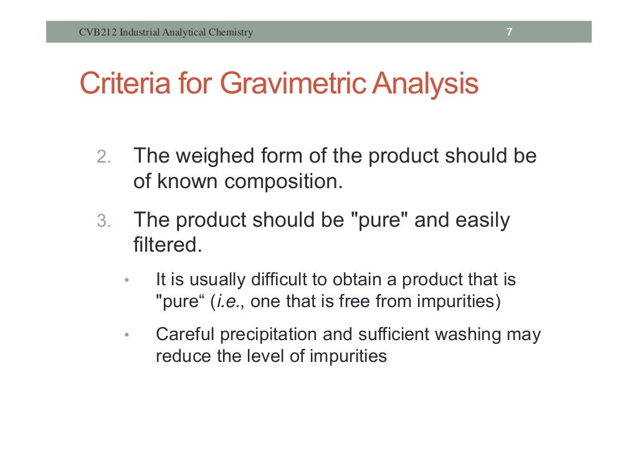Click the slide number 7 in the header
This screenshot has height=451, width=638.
[509, 32]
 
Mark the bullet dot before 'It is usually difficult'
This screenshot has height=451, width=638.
[126, 280]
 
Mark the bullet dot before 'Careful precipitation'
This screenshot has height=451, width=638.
[126, 335]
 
